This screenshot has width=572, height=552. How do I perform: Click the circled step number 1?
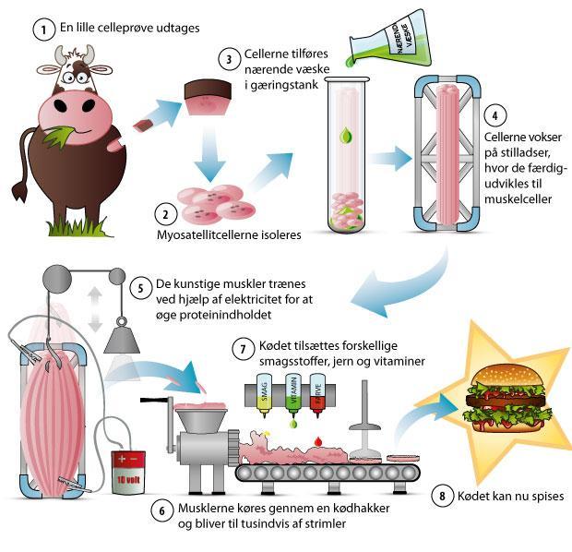pyautogui.click(x=43, y=30)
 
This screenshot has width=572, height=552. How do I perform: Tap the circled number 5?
pyautogui.click(x=141, y=288)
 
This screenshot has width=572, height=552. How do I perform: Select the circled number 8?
pyautogui.click(x=442, y=496)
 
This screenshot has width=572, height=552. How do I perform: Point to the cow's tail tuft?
pyautogui.click(x=19, y=191)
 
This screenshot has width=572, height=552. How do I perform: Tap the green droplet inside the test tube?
pyautogui.click(x=345, y=136)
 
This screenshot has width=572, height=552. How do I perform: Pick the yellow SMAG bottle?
pyautogui.click(x=265, y=395)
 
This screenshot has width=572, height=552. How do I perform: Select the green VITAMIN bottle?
pyautogui.click(x=293, y=395)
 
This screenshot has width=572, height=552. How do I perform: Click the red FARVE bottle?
pyautogui.click(x=317, y=395)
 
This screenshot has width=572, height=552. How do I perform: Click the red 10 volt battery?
pyautogui.click(x=128, y=473)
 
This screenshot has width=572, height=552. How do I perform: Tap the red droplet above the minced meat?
pyautogui.click(x=318, y=441)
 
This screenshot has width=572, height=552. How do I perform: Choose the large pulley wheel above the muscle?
pyautogui.click(x=57, y=280)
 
